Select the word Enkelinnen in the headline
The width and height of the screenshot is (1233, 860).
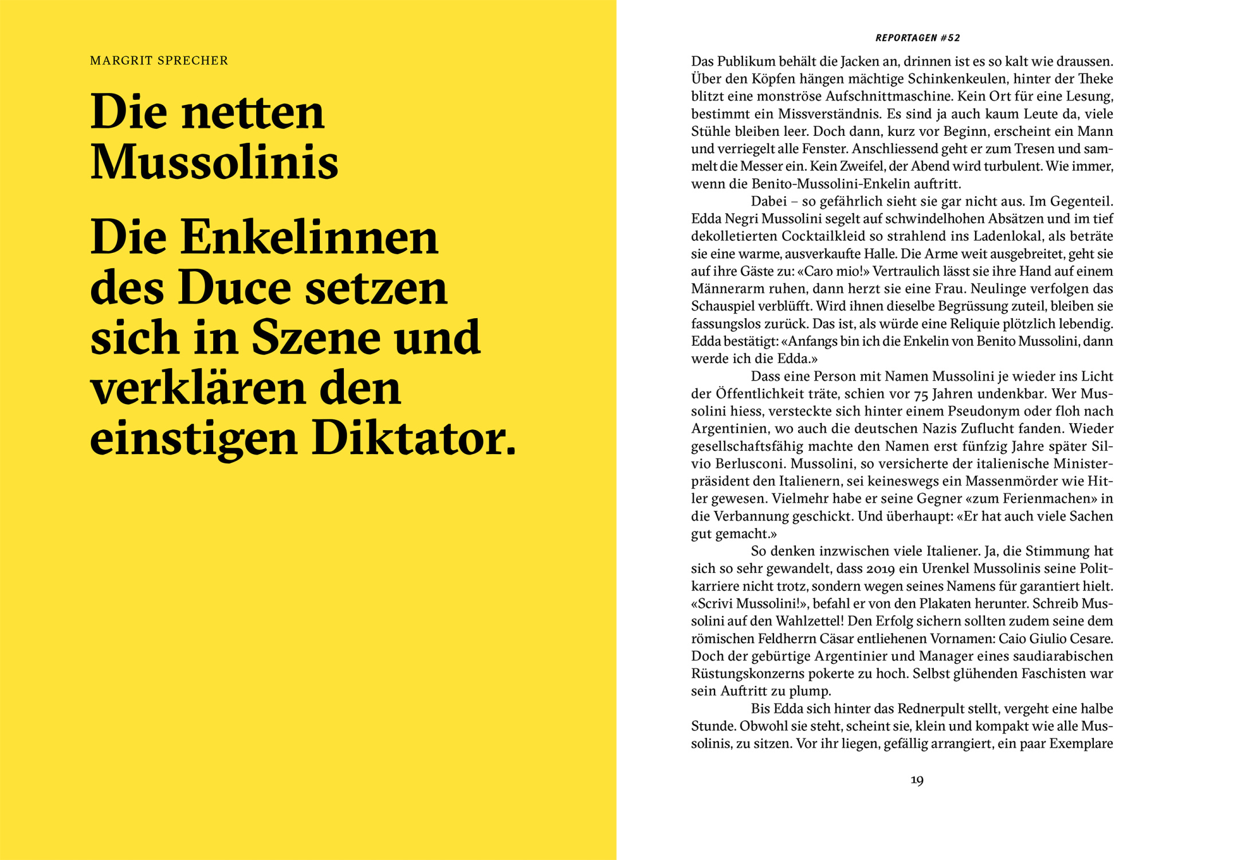pos(309,238)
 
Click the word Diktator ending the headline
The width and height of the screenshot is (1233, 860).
pos(414,440)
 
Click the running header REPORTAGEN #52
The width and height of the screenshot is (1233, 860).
pos(917,38)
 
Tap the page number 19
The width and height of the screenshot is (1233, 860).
pos(917,780)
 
